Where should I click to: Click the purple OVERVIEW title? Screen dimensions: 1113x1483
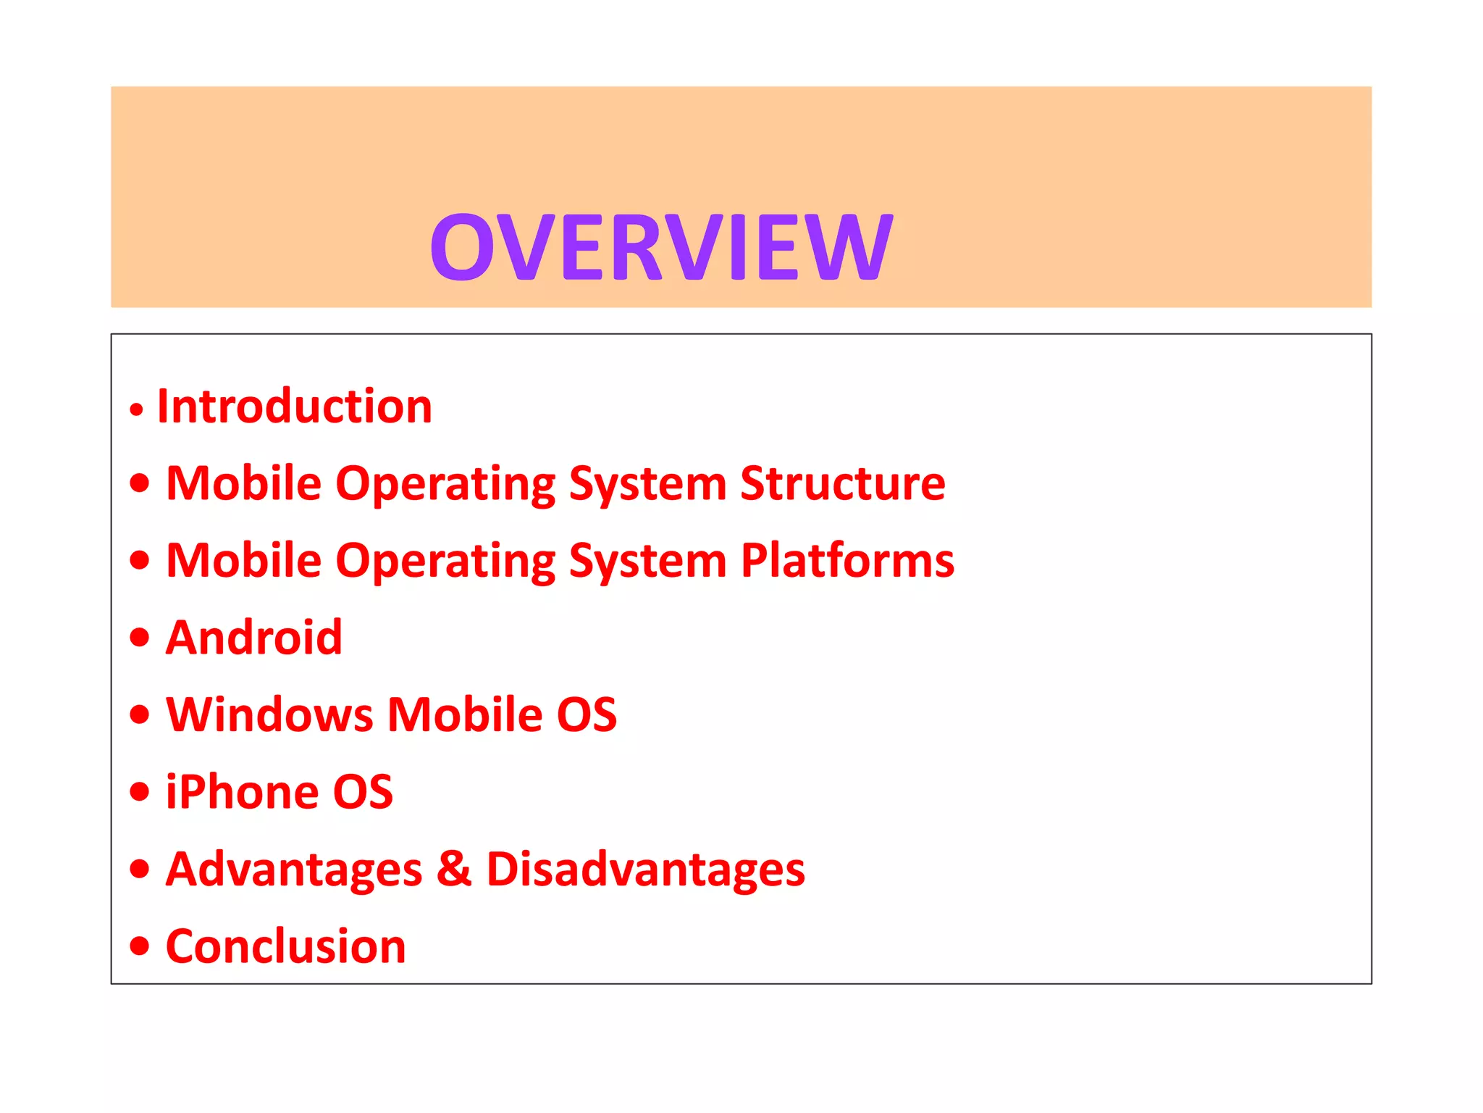[661, 247]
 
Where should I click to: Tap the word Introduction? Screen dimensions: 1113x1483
[294, 406]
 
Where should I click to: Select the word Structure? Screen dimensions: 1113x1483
[842, 483]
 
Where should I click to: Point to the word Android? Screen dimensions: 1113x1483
[253, 638]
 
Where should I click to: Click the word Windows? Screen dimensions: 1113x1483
[269, 714]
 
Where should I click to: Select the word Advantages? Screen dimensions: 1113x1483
[293, 869]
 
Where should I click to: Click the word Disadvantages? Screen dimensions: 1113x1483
[645, 869]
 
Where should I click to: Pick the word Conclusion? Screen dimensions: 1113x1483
[285, 946]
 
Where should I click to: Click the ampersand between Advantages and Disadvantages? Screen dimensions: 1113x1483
[454, 869]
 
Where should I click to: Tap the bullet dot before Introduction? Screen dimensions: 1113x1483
[137, 410]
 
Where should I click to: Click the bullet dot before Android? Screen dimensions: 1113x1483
[140, 638]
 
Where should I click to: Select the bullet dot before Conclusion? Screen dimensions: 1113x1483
[140, 946]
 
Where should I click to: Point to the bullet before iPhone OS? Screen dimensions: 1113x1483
[140, 791]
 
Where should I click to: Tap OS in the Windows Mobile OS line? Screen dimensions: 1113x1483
[587, 714]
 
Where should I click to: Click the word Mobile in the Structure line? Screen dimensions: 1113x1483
[243, 483]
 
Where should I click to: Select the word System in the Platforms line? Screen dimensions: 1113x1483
[647, 562]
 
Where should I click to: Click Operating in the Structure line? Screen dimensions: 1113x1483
[445, 485]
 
